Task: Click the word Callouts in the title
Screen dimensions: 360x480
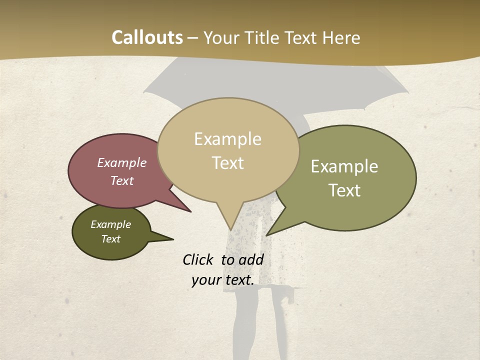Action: [147, 37]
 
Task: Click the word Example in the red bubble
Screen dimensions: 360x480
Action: [122, 162]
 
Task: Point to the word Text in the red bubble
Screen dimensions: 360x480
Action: [122, 180]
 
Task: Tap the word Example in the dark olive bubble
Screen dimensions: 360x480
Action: [111, 224]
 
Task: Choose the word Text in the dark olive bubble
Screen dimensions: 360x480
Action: [111, 239]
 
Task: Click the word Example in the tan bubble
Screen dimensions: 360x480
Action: [227, 139]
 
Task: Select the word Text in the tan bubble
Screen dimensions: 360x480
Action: [227, 163]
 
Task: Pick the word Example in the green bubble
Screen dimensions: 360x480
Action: [344, 166]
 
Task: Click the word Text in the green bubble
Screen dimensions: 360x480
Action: [344, 190]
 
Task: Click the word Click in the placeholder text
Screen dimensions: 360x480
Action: [197, 259]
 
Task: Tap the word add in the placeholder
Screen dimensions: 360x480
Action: [251, 259]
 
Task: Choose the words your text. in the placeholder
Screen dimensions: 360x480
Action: [223, 280]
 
